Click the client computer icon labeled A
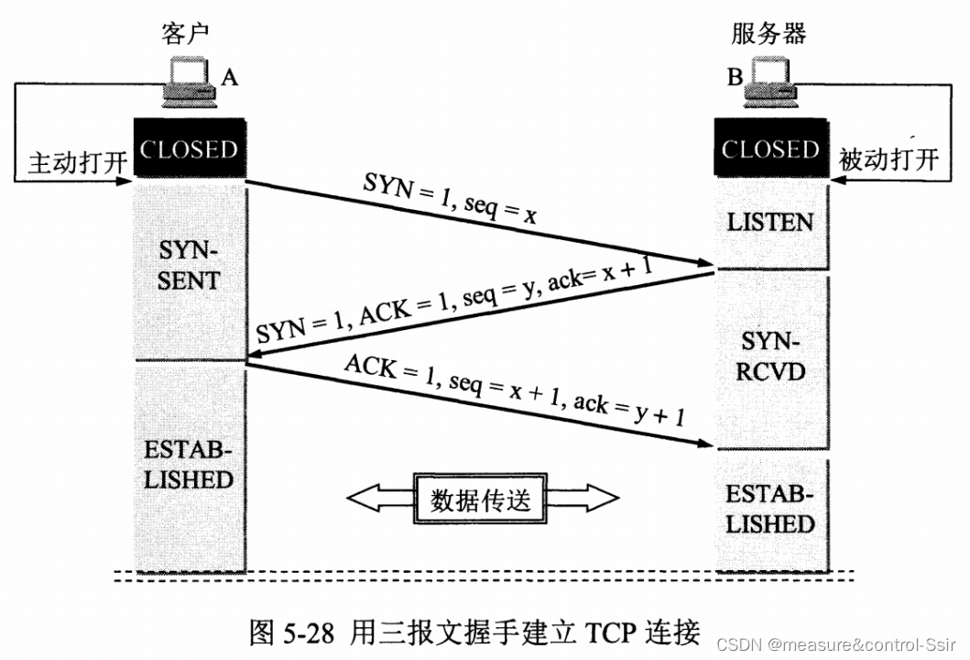point(187,82)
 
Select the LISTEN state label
point(769,223)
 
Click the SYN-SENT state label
point(188,266)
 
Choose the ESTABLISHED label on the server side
point(769,510)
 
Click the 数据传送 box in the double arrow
point(481,500)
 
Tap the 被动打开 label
point(889,160)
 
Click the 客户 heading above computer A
point(185,33)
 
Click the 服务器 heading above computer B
point(769,33)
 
